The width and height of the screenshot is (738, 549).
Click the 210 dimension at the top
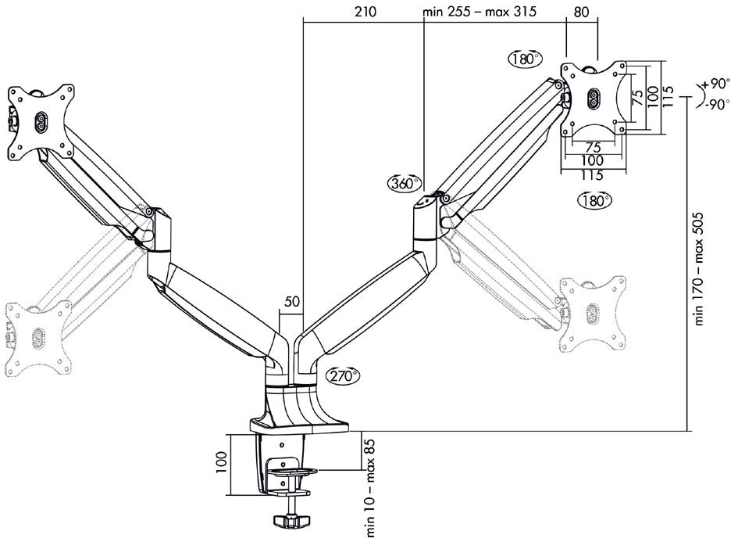[365, 11]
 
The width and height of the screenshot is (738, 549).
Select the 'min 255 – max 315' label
[480, 11]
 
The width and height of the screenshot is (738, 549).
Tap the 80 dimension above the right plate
[582, 11]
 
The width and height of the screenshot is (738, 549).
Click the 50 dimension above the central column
[292, 302]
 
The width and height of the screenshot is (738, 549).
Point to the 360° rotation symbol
[405, 183]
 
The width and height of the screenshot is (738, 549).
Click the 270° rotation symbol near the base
[343, 375]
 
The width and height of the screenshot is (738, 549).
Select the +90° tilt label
[715, 84]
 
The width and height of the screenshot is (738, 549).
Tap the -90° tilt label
[717, 104]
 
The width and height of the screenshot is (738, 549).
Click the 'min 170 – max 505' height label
[698, 268]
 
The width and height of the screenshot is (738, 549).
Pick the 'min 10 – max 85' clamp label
[370, 488]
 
